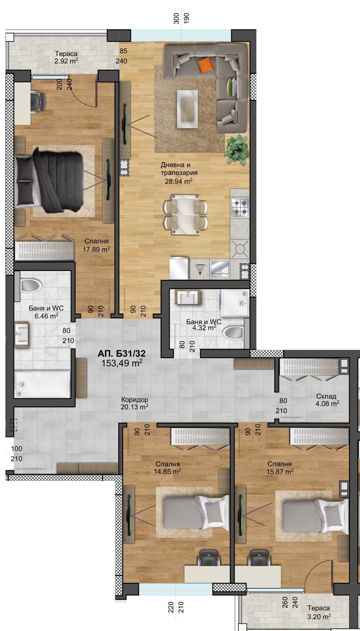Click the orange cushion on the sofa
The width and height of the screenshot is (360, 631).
(x=205, y=65)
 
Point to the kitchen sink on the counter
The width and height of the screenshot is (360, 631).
(x=220, y=269)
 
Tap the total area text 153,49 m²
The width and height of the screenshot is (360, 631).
(x=122, y=363)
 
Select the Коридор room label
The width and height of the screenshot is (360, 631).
(x=135, y=400)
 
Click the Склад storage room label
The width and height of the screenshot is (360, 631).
(x=326, y=396)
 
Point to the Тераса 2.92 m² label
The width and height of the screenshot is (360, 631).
(x=66, y=58)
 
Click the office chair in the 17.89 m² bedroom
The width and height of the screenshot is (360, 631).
(x=38, y=101)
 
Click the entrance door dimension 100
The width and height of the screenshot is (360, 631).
(x=17, y=449)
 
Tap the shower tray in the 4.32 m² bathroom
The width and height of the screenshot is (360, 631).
(x=235, y=303)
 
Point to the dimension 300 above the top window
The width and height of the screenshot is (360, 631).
(x=177, y=18)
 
